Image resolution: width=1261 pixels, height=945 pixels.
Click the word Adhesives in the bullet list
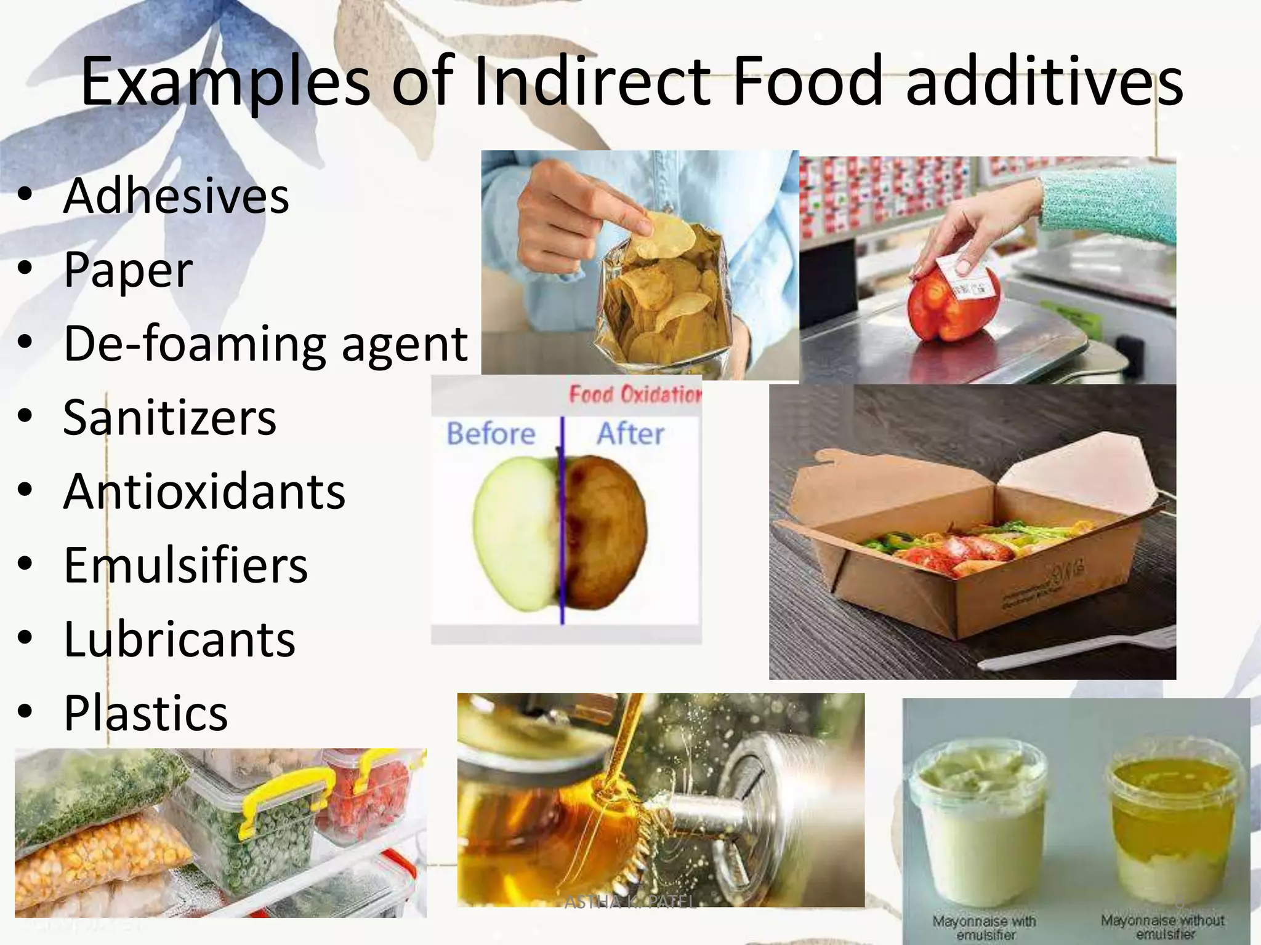click(x=176, y=196)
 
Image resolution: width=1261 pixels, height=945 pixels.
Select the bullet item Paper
click(x=128, y=269)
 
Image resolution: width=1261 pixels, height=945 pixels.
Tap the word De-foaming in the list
click(x=195, y=343)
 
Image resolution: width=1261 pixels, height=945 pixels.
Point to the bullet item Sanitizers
click(x=170, y=417)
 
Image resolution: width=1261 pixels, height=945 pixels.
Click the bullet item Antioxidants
click(x=204, y=492)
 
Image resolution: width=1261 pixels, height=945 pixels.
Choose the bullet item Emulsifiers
click(x=186, y=565)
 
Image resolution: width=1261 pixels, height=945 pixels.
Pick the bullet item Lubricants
click(x=180, y=639)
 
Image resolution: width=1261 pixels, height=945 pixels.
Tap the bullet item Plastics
click(x=146, y=713)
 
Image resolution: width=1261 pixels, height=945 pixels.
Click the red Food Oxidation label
click(x=634, y=394)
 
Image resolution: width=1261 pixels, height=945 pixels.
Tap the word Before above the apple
click(x=491, y=434)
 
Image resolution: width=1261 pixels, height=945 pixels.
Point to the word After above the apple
click(x=630, y=434)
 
